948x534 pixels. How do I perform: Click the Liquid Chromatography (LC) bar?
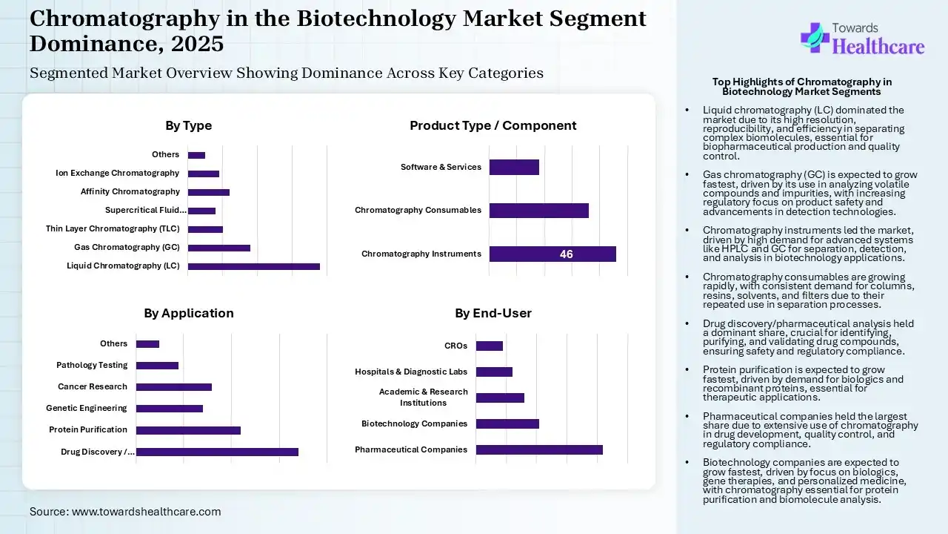tap(253, 266)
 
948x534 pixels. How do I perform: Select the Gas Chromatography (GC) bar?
tap(218, 248)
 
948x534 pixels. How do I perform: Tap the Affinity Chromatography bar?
tap(208, 192)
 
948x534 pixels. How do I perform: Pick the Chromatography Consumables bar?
tap(538, 211)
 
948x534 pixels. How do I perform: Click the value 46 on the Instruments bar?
tap(566, 254)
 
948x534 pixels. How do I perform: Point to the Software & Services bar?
tap(514, 168)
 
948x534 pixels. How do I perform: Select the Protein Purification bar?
tap(188, 430)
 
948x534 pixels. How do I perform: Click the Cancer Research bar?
tap(173, 387)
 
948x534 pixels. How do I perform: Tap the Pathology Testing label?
tap(92, 365)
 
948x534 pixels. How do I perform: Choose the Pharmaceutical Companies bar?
tap(539, 449)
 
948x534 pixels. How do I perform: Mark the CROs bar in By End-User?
tap(489, 346)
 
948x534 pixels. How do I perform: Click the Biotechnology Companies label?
tap(414, 423)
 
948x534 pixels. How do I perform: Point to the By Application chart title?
tap(188, 313)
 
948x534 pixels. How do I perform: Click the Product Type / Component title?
tap(493, 125)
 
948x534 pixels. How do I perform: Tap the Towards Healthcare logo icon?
tap(815, 37)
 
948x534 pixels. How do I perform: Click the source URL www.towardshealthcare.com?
tap(146, 512)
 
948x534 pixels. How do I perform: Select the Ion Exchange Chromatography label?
tap(117, 173)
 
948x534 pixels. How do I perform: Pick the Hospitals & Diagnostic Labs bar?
tap(494, 372)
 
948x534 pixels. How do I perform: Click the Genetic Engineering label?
tap(86, 408)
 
